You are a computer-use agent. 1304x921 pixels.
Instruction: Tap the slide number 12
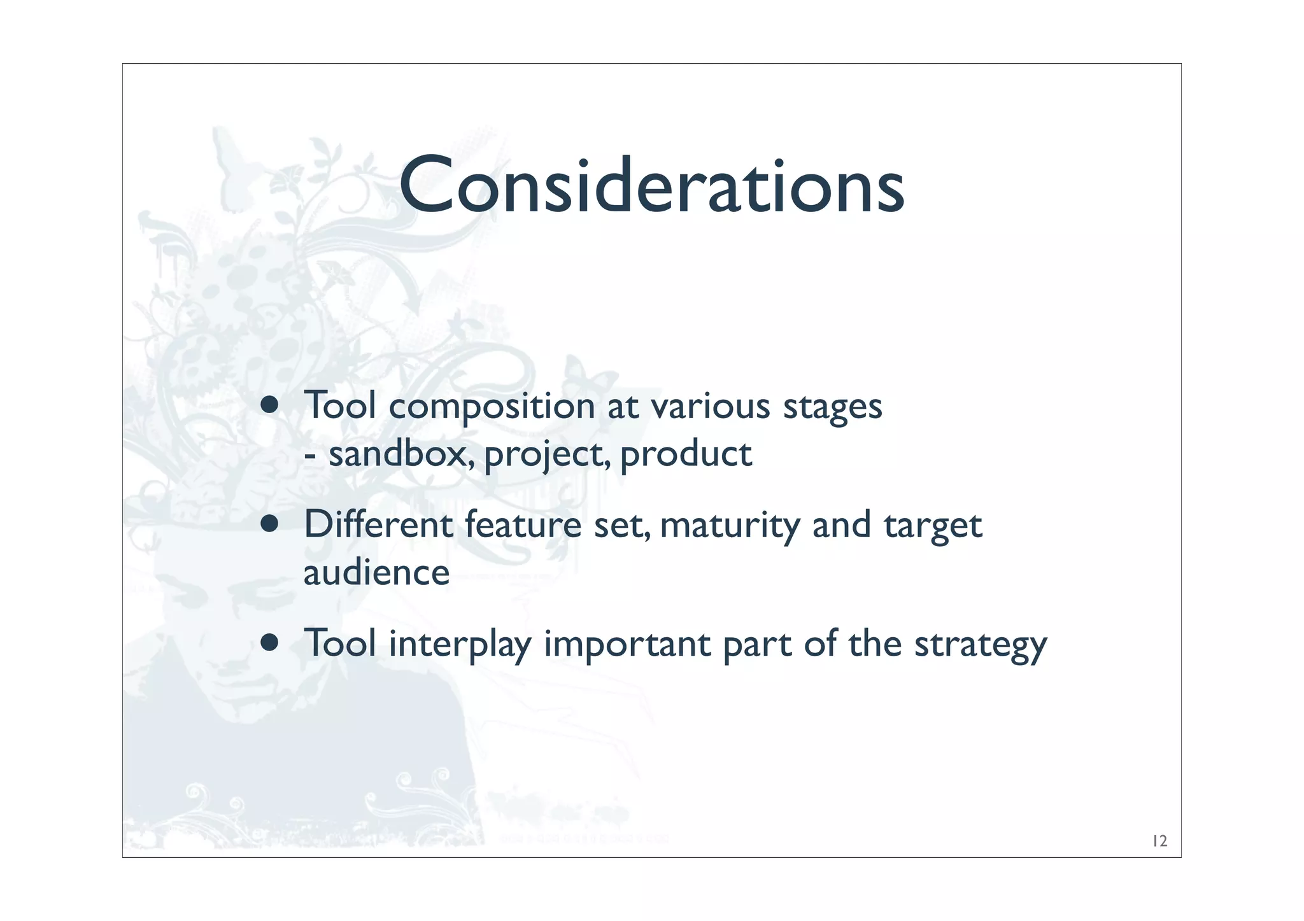coord(1159,841)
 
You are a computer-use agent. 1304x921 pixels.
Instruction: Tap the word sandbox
coord(401,454)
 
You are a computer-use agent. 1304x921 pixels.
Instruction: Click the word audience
coord(376,572)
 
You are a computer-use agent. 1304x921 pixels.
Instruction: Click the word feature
coord(523,525)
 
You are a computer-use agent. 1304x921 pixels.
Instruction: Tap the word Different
coord(378,524)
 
